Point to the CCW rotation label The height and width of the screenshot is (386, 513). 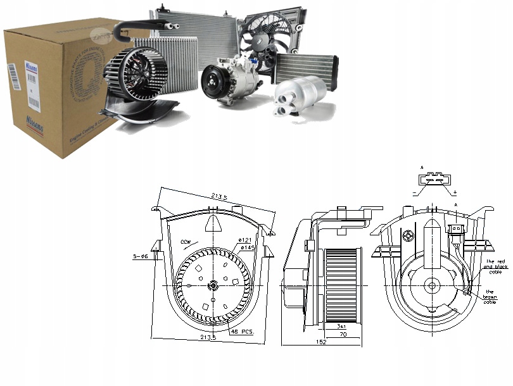[x=186, y=242]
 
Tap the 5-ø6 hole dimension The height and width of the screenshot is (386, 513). [x=141, y=256]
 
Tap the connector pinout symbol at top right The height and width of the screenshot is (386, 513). [x=434, y=181]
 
